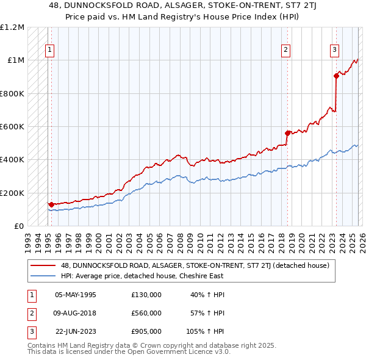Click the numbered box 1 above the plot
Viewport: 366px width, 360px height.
49,51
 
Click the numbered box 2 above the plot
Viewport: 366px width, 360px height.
285,51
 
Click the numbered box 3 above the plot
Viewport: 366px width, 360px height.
335,51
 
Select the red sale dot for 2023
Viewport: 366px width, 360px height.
336,76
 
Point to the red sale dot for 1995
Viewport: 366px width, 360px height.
51,204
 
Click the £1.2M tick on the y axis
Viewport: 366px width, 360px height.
12,27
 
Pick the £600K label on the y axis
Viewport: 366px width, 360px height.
12,127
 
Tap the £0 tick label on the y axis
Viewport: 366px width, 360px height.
18,226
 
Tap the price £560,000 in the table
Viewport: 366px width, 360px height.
146,313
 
